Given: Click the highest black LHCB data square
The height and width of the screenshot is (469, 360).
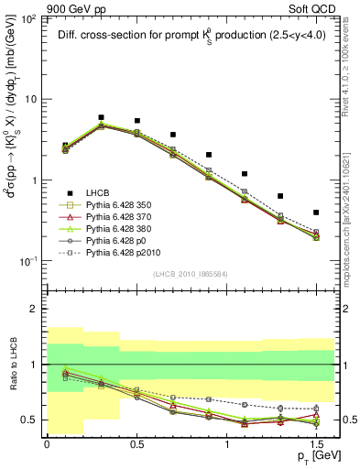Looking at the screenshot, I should pos(101,117).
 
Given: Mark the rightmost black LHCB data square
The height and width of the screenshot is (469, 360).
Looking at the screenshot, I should pos(316,213).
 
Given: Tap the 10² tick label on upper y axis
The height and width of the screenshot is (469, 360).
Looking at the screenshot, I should pos(30,18).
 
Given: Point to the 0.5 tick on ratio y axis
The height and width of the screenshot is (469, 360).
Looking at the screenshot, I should pos(32,420).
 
